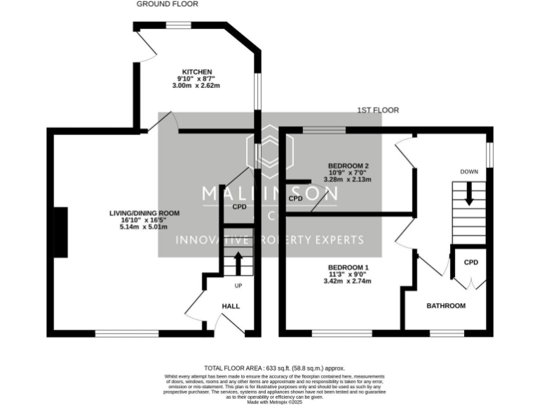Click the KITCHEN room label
click(197, 72)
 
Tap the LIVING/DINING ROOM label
click(144, 213)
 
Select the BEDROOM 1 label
click(348, 268)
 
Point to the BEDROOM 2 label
click(348, 166)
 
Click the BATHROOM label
click(446, 306)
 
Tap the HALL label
click(231, 307)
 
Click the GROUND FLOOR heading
click(167, 4)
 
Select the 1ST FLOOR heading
click(378, 110)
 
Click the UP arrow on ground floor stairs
click(238, 262)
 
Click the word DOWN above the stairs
click(469, 172)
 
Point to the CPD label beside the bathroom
click(470, 262)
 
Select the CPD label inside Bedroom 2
click(295, 199)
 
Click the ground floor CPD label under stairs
click(240, 207)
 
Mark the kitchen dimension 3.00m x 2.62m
click(197, 86)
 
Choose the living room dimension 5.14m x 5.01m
click(144, 227)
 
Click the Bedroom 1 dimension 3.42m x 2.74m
click(347, 281)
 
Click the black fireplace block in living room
click(61, 232)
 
